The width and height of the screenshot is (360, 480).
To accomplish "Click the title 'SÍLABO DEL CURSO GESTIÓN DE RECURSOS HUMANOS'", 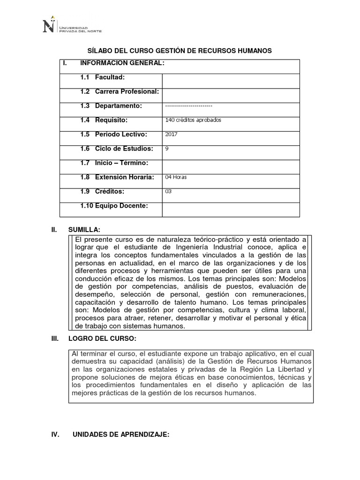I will [180, 51].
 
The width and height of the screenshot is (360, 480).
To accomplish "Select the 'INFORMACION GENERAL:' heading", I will [122, 63].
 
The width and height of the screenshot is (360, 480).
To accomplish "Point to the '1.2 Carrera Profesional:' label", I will [120, 91].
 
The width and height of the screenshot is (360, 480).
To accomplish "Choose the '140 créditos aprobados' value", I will [193, 120].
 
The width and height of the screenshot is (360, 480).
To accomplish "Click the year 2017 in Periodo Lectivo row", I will [172, 135].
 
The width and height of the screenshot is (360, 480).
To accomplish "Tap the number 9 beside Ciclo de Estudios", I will [167, 149].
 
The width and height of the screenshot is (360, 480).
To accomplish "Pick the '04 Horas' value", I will [176, 177].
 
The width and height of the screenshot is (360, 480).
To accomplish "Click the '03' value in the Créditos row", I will [169, 191].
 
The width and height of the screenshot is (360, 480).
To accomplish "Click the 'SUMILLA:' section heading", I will [84, 229].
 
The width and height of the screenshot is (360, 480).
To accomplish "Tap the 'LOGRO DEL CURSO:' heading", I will [102, 338].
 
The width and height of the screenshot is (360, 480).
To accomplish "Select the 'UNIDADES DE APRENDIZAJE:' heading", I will [121, 435].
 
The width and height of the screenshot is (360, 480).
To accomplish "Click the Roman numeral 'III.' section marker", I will [55, 338].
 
